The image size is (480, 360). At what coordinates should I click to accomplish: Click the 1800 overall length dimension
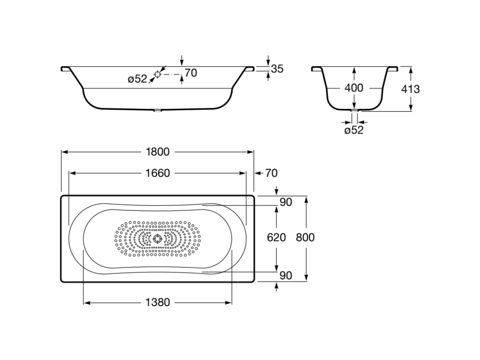[x=157, y=152]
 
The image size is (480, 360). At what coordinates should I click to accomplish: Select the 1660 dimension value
[x=157, y=173]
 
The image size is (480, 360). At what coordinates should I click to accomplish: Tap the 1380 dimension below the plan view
[x=157, y=302]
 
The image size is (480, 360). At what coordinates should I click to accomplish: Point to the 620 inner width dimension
[x=277, y=237]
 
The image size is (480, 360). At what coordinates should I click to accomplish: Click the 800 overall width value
[x=305, y=237]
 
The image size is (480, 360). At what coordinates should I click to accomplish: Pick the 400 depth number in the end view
[x=354, y=88]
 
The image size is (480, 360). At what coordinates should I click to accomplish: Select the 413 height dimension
[x=411, y=89]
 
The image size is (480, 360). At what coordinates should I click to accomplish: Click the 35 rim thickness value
[x=277, y=69]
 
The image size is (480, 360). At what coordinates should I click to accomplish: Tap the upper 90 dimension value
[x=286, y=202]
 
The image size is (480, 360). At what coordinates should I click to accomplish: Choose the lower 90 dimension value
[x=286, y=276]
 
